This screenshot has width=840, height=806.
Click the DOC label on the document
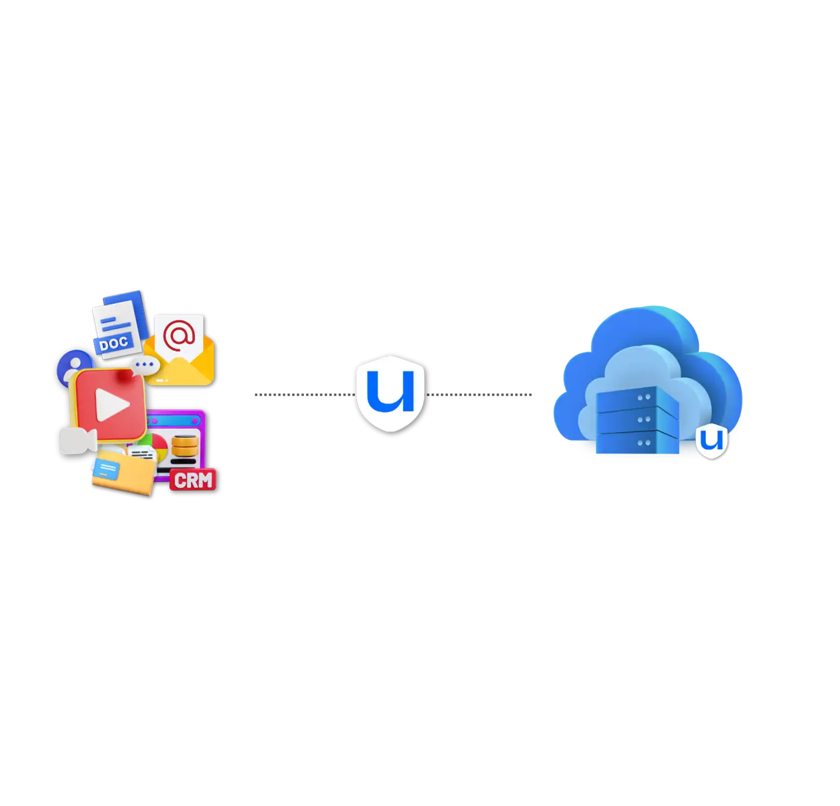[114, 343]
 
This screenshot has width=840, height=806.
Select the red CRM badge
[193, 479]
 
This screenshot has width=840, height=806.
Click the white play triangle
[111, 404]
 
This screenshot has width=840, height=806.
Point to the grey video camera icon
[78, 440]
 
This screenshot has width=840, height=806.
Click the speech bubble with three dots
[145, 365]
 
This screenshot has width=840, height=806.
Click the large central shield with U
[390, 393]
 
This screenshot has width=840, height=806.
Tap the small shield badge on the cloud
[711, 441]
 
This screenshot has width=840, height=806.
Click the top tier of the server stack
[635, 398]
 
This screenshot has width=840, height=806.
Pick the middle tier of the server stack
[635, 420]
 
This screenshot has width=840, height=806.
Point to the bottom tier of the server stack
[635, 442]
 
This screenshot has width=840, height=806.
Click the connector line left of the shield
[302, 396]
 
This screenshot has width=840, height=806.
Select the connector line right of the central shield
[493, 396]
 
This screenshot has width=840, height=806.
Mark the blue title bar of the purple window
[175, 419]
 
